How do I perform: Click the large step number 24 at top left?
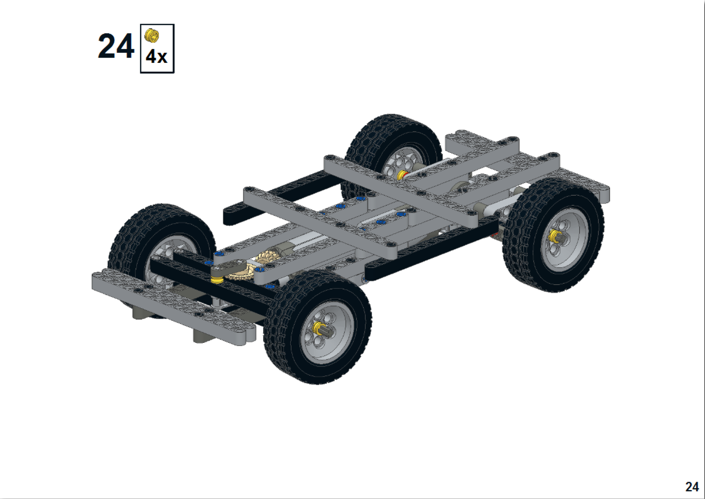click(116, 47)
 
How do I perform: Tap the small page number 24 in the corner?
click(692, 487)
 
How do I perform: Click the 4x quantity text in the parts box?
click(156, 57)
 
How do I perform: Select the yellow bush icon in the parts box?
click(152, 35)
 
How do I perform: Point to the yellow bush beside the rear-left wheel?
click(401, 175)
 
